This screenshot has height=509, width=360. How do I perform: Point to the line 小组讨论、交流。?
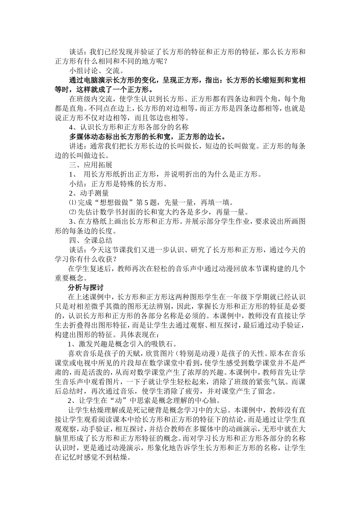click(96, 71)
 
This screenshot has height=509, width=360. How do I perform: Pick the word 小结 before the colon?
click(75, 184)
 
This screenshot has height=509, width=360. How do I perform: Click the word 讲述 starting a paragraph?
click(75, 146)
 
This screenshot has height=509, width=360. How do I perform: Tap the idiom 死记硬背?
click(142, 410)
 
